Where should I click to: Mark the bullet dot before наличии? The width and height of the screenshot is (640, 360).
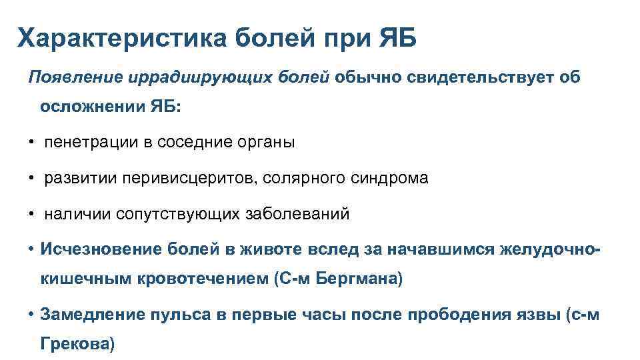point(31,215)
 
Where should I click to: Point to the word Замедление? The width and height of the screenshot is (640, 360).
point(87,315)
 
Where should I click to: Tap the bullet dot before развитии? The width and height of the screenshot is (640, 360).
point(31,179)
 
